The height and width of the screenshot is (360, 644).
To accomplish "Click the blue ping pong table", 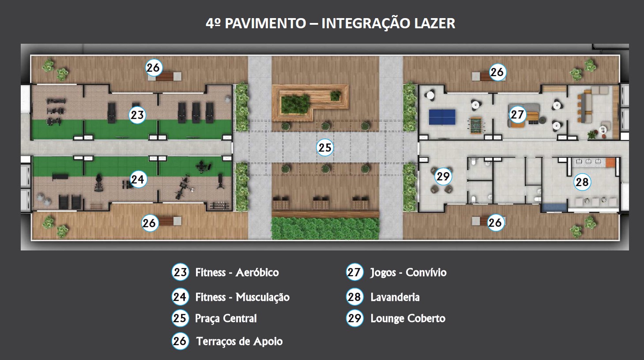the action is tap(442, 117).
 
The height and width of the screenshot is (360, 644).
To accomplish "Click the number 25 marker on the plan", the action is tap(325, 148).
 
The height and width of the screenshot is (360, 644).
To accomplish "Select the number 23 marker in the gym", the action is tap(137, 115).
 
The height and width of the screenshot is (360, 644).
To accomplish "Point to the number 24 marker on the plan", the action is tap(137, 179).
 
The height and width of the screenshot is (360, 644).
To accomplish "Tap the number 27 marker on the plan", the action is tap(517, 114).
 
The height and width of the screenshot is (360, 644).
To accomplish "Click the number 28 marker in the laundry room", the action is tap(582, 182).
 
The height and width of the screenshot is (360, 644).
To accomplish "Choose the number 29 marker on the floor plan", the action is tap(443, 176).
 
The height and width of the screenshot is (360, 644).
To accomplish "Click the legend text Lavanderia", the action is tap(395, 297).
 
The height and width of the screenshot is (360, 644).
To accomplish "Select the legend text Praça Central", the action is tap(226, 318).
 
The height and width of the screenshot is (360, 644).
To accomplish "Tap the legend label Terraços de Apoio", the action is tap(239, 341).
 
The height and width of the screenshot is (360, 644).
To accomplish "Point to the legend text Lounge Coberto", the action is tap(408, 318).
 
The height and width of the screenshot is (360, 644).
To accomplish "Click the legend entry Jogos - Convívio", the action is tap(408, 273).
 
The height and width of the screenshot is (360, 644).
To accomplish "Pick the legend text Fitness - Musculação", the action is tap(242, 297).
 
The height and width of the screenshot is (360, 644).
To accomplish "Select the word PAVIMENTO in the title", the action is tap(265, 23).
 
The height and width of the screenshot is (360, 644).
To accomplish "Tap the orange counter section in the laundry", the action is tap(610, 163).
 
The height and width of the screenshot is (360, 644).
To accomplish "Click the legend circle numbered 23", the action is tap(180, 272).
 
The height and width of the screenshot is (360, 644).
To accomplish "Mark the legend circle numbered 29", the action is tap(354, 318).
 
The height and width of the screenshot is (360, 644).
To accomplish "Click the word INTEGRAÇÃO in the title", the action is tap(365, 23).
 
